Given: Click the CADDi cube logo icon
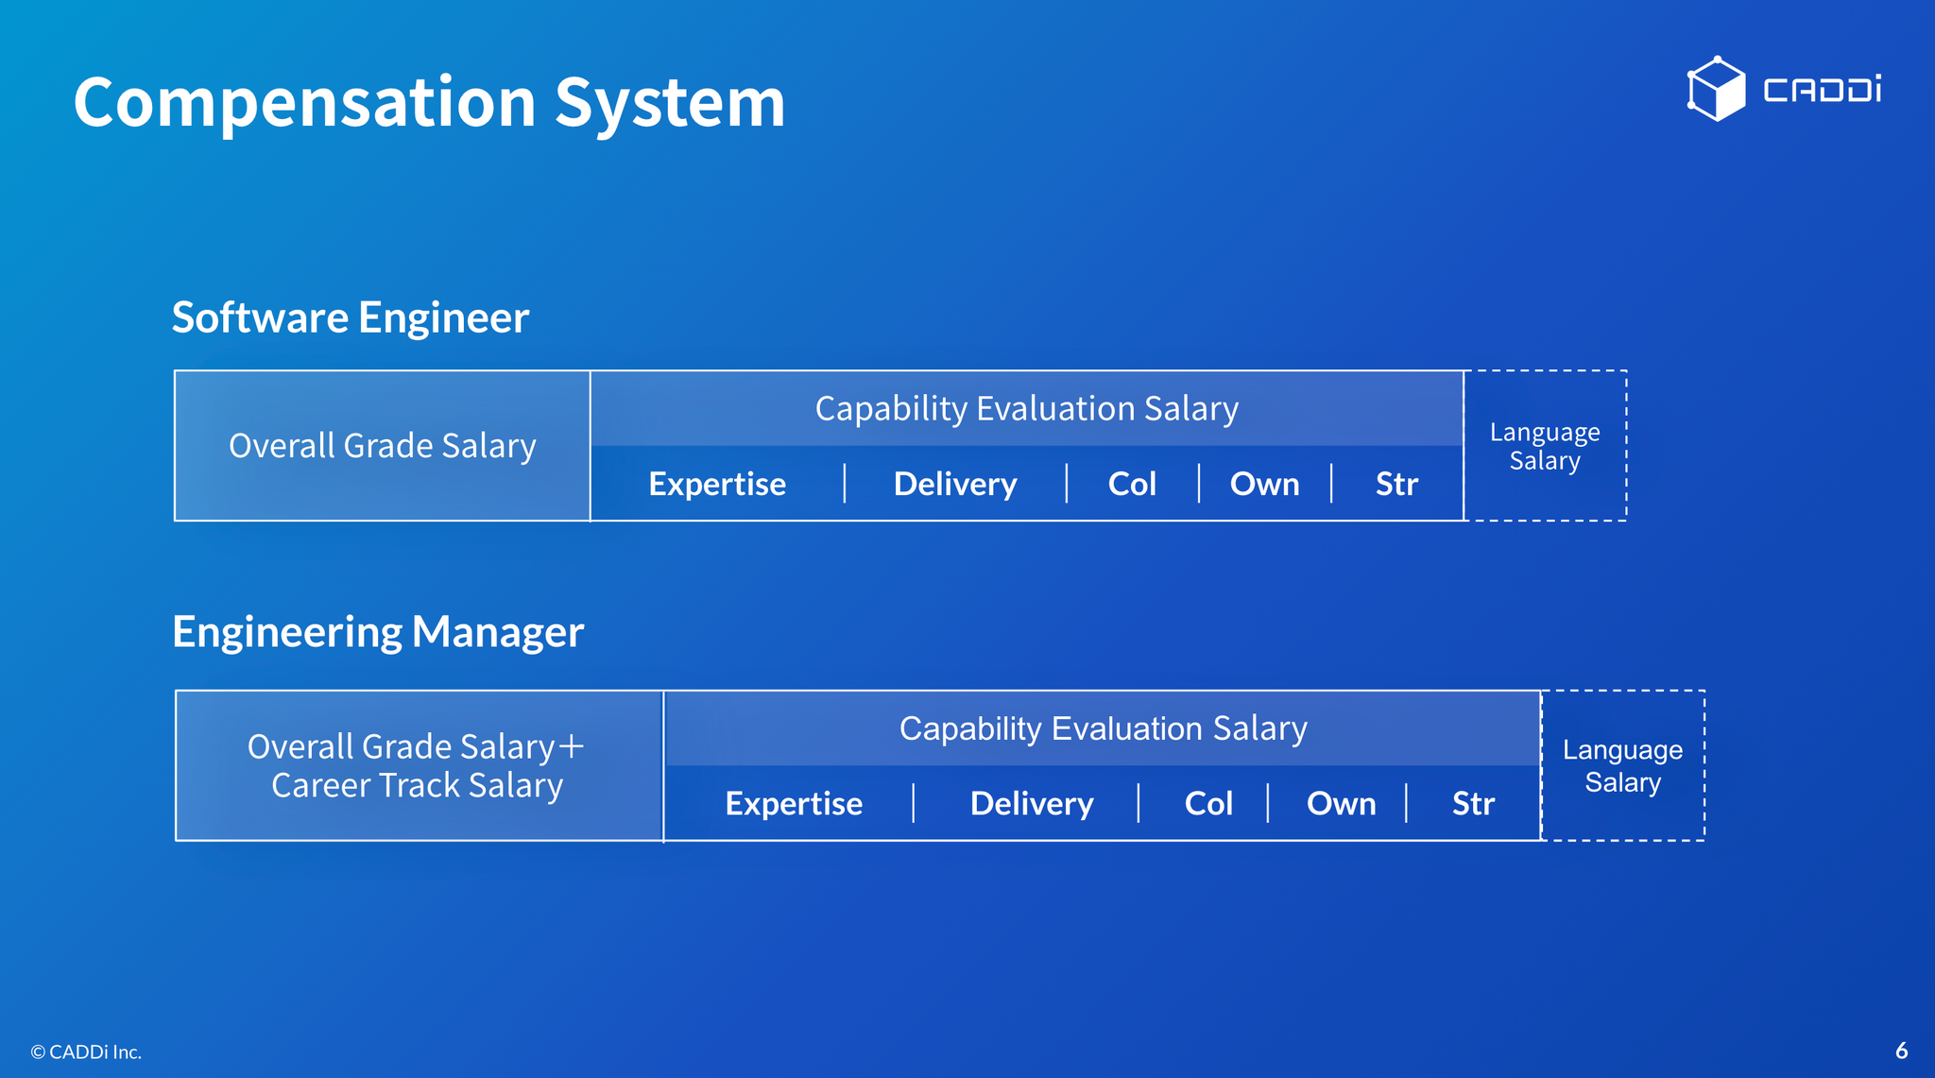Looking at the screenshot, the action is pos(1716,89).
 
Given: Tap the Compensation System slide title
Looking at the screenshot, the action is pos(429,102).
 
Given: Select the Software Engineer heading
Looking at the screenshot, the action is pos(350,317).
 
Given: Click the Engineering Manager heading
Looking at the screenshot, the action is pos(378,632).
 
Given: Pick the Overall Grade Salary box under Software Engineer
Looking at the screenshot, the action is pos(383,445).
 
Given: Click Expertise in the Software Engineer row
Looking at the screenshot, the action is pos(717,484).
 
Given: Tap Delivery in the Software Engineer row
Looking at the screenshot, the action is pos(955,484).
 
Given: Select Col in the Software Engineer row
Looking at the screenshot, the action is pos(1132,484).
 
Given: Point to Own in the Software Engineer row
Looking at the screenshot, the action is pos(1264,484).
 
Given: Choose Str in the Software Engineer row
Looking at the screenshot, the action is pos(1396,484).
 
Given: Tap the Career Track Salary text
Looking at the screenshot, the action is pos(417,785).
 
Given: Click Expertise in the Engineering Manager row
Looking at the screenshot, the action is pos(794,803).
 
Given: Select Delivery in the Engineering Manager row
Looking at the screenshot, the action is pos(1032,803).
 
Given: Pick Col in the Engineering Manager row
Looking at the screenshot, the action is pos(1208,803).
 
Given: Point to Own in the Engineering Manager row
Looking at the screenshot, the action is pos(1341,803).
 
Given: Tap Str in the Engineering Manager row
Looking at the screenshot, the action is pos(1473,803).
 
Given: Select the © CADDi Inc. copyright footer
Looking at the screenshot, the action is pos(86,1052).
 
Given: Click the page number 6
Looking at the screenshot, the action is pos(1902,1051).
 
